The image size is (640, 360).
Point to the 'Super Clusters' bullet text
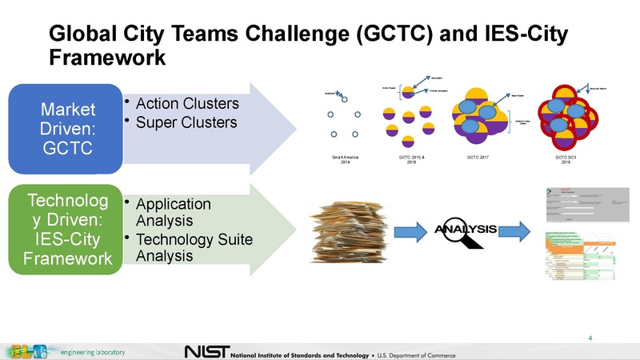tap(186, 122)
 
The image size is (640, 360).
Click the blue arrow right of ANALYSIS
tap(516, 231)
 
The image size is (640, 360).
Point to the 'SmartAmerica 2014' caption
tap(344, 160)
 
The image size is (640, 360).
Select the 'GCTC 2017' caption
tap(478, 158)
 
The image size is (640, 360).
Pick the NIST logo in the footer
tap(206, 352)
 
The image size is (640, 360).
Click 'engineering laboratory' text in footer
tap(94, 352)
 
